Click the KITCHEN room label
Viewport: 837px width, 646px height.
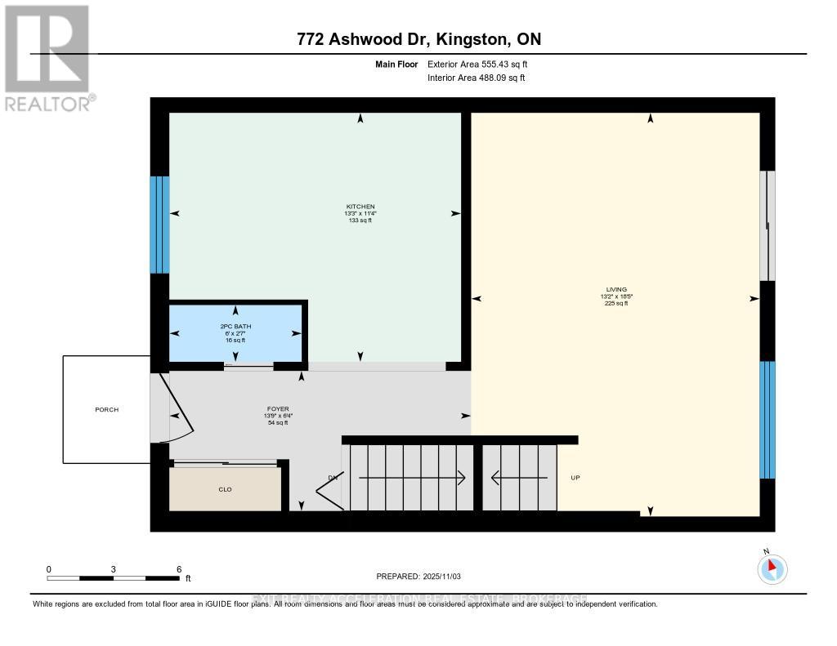360,206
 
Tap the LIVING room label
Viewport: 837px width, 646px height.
617,289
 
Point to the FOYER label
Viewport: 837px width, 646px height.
277,408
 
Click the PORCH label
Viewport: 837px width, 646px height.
106,409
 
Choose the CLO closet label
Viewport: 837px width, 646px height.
225,489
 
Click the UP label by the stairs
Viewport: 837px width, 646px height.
575,478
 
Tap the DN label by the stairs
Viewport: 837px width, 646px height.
333,478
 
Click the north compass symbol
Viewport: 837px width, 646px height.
772,568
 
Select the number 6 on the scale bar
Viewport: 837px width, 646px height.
178,568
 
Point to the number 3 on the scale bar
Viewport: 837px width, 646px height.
114,568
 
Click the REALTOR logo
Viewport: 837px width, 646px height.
47,57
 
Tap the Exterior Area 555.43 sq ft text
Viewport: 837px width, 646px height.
483,64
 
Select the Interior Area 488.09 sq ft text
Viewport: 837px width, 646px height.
476,78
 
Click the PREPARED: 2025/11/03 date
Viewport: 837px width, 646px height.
418,577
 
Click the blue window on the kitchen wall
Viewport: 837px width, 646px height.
159,225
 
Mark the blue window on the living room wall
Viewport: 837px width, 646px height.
767,419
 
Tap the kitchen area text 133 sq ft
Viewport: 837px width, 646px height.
360,221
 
